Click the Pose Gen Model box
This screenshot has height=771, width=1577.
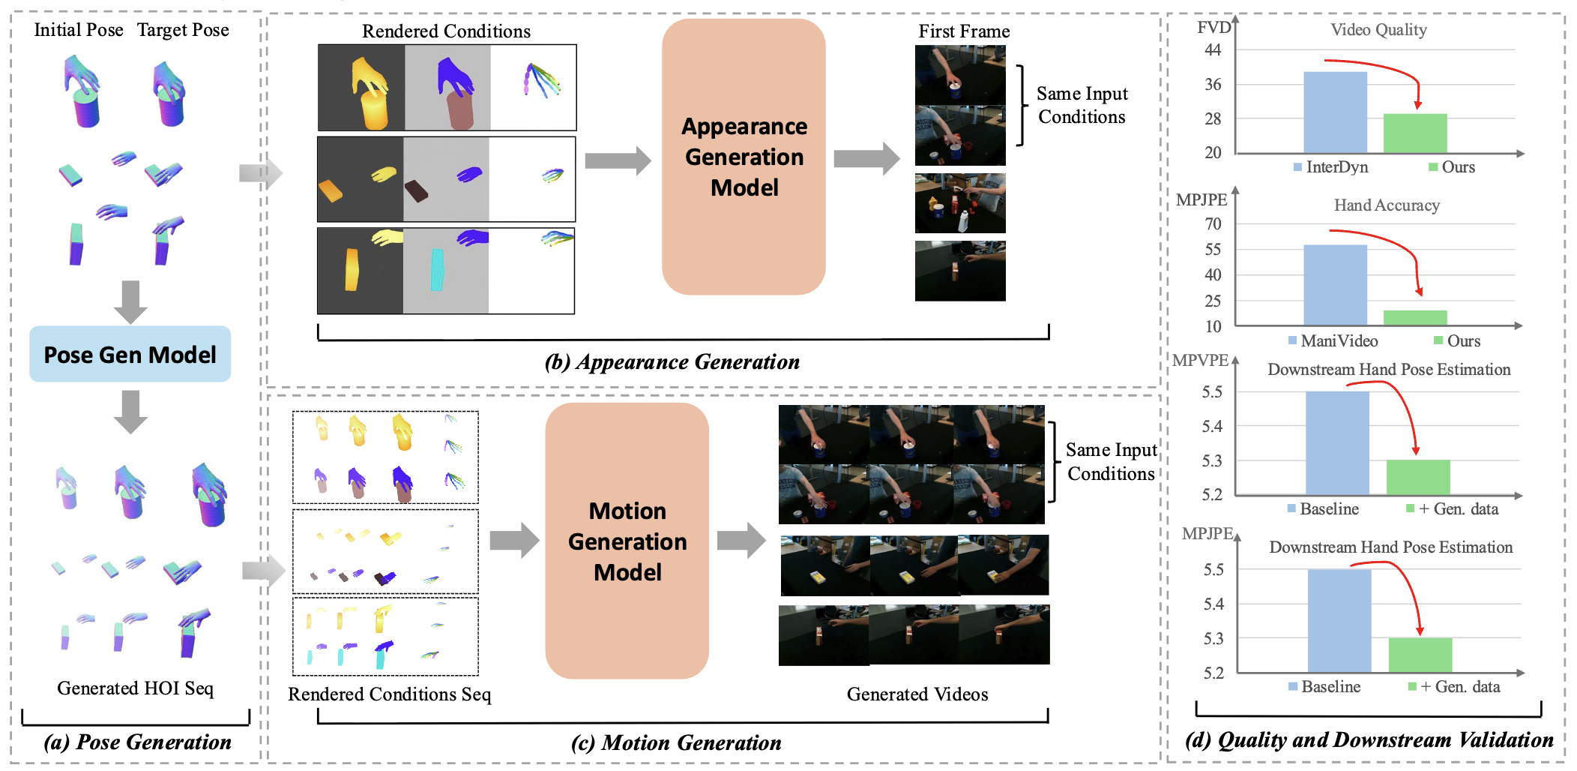tap(130, 354)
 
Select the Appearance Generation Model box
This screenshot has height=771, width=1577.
tap(744, 157)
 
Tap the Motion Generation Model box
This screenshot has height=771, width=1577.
tap(627, 541)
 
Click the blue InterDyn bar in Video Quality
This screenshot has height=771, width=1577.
tap(1335, 112)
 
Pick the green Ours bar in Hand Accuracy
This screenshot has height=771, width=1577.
tap(1415, 318)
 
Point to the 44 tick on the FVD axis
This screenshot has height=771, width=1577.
tap(1213, 50)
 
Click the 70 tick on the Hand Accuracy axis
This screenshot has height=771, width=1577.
tap(1213, 223)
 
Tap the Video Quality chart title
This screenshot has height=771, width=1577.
tap(1378, 30)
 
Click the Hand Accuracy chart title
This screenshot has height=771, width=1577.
tap(1387, 205)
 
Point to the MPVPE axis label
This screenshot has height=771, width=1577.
tap(1200, 360)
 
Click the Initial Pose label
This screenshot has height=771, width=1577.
tap(79, 30)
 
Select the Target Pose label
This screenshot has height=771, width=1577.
tap(183, 30)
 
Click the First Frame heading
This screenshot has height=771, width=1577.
tap(964, 31)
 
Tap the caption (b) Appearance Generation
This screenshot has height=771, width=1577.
tap(672, 362)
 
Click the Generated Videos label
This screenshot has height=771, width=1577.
tap(917, 694)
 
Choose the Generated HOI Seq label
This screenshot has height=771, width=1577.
tap(135, 688)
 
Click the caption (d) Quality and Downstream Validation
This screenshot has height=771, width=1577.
tap(1369, 740)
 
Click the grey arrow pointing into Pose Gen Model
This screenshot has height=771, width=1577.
tap(130, 302)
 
